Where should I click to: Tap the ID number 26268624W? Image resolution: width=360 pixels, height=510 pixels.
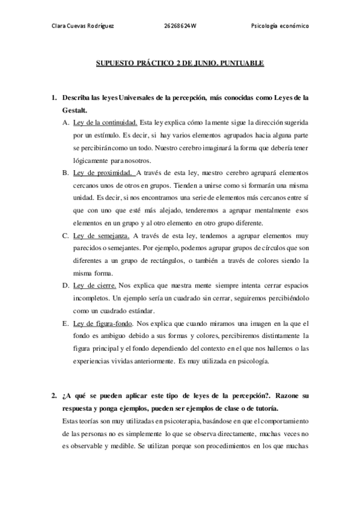(x=180, y=26)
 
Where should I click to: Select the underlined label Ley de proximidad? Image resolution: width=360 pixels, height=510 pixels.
(x=101, y=173)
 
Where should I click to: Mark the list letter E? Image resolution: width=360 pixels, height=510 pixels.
(x=65, y=324)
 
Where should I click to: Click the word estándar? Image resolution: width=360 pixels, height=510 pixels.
(x=139, y=311)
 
